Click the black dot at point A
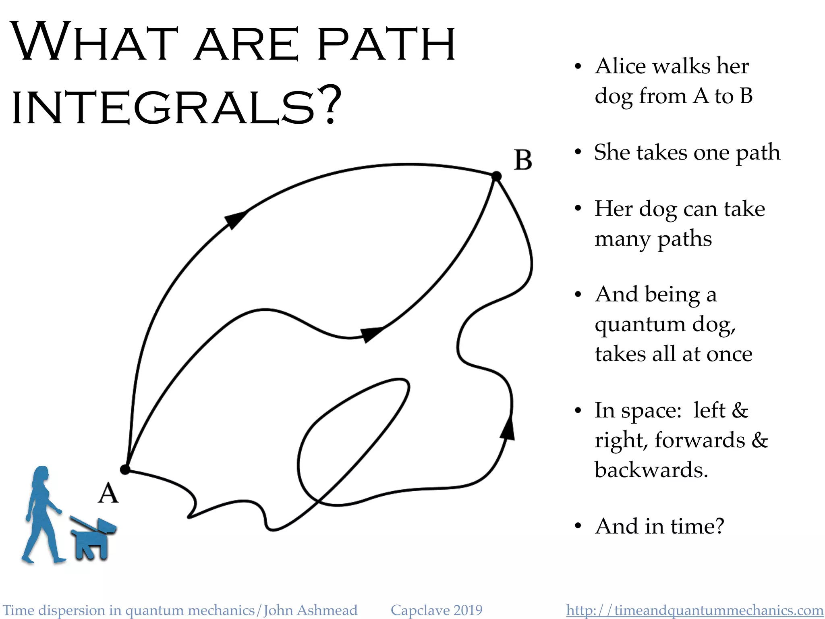125,469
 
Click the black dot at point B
497,176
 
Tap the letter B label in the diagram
523,160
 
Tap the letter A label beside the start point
108,493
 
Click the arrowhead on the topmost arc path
235,219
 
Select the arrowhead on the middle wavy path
371,334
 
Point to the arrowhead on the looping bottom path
508,429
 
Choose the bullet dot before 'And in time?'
578,526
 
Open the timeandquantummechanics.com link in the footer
694,610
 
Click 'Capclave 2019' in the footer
436,610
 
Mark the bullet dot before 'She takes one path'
578,152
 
